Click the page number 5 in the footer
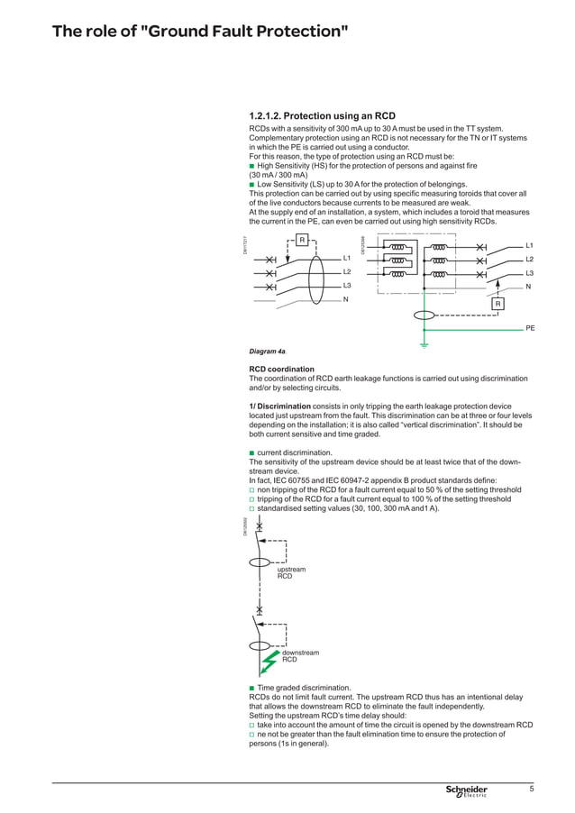point(532,790)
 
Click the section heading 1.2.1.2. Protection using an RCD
point(322,116)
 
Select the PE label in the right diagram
point(530,329)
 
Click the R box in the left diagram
point(303,240)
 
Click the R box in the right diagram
point(497,304)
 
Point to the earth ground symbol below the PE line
point(424,343)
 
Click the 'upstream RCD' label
point(291,572)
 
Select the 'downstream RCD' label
point(300,655)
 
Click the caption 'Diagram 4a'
point(269,352)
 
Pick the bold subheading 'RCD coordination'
point(281,369)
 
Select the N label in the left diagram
point(345,299)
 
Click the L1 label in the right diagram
point(530,245)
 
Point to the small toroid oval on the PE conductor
point(424,315)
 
